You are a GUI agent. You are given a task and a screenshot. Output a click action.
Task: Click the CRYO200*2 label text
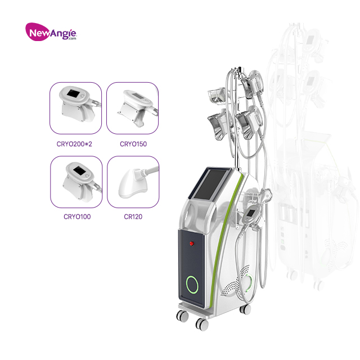click(76, 145)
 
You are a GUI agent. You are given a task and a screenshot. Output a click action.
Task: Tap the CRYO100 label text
click(76, 215)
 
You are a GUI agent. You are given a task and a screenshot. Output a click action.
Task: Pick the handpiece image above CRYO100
click(76, 181)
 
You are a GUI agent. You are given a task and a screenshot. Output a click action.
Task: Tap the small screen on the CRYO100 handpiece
click(75, 169)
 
